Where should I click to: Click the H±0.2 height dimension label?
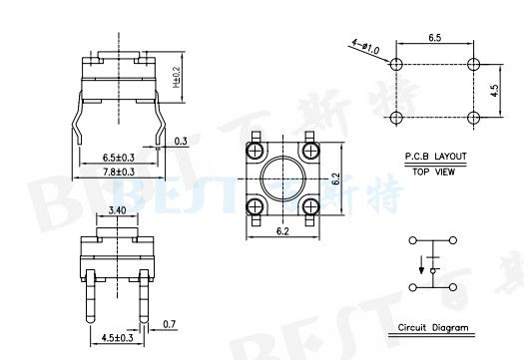(177, 76)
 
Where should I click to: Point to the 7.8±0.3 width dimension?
(118, 172)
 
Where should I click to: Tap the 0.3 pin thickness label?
(180, 142)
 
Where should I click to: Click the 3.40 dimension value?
(116, 211)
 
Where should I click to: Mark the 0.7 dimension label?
(168, 324)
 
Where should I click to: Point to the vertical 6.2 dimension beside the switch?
(336, 180)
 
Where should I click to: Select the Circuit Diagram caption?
(432, 328)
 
